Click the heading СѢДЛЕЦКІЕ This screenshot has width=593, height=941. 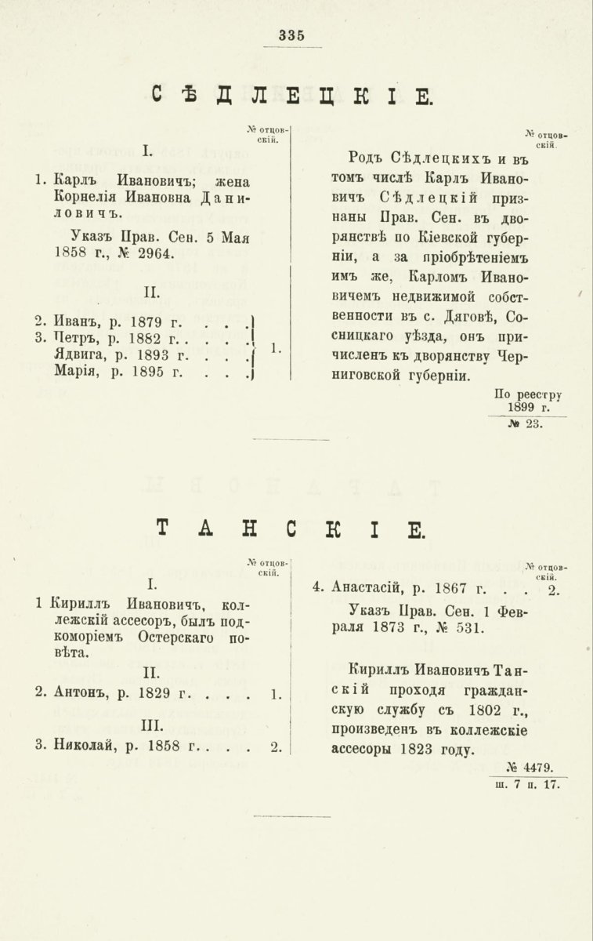coord(290,96)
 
